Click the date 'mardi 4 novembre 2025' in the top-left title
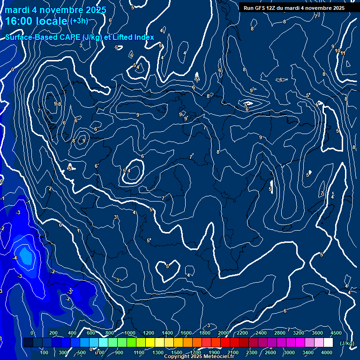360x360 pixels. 55,10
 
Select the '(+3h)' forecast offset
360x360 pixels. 78,21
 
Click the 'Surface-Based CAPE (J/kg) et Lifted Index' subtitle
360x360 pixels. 80,37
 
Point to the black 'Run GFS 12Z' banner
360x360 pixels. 294,8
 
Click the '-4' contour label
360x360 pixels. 15,258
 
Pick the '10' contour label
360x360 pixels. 337,51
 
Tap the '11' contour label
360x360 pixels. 343,53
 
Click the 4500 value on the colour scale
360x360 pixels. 336,333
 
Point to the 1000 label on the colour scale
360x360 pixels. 130,333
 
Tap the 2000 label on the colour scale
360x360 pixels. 224,333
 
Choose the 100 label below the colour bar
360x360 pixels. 45,352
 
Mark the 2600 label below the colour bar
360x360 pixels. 270,352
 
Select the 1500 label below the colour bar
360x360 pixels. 177,352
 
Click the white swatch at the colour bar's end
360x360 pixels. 328,343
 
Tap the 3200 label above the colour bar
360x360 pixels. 299,333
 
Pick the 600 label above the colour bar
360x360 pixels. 91,333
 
